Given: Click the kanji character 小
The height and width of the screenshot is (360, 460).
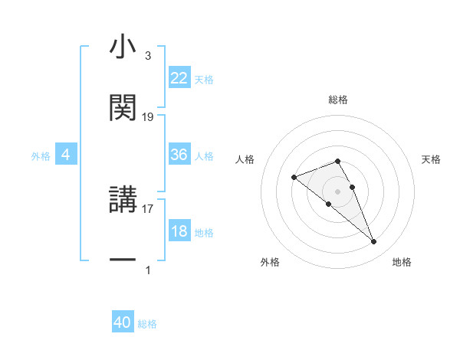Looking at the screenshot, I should point(123,47).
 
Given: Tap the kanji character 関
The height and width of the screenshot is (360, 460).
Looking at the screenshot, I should point(123,108).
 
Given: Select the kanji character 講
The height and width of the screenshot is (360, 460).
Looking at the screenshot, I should point(123,200).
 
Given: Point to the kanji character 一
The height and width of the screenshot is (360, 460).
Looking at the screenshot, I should point(123,260).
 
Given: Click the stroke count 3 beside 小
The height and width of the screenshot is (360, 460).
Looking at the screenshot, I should point(147,57).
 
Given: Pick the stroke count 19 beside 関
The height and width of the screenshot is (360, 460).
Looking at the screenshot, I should point(148,117).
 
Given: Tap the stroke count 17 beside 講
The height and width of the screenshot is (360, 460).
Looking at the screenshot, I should point(148,208).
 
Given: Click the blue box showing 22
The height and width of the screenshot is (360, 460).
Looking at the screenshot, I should point(179,78).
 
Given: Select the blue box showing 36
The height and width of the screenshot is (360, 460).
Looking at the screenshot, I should point(179,155).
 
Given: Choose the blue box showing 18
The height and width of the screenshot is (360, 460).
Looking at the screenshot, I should point(179,231).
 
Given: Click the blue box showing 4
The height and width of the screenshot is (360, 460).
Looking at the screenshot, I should point(66,155).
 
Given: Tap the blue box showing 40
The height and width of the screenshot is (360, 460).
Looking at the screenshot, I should point(123,322).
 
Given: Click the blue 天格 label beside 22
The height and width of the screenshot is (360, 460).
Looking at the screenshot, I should point(204,80).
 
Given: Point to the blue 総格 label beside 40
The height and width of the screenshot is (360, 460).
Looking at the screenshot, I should point(147,324).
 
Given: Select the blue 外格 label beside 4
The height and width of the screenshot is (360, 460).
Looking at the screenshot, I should point(41,156).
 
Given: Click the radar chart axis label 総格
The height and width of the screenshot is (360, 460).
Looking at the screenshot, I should point(338,100).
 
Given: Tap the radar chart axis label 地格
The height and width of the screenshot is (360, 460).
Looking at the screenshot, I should point(402,263).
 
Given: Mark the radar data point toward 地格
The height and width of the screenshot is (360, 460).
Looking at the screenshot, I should point(374,242).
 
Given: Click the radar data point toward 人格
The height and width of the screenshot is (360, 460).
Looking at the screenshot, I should point(294,178).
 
